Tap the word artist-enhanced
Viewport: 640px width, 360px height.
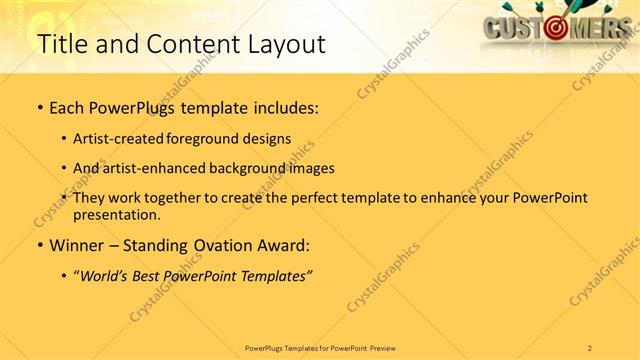click(157, 168)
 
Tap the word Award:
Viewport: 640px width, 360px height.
click(285, 245)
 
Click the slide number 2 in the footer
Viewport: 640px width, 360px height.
click(591, 347)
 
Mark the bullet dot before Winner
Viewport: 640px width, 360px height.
click(39, 245)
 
